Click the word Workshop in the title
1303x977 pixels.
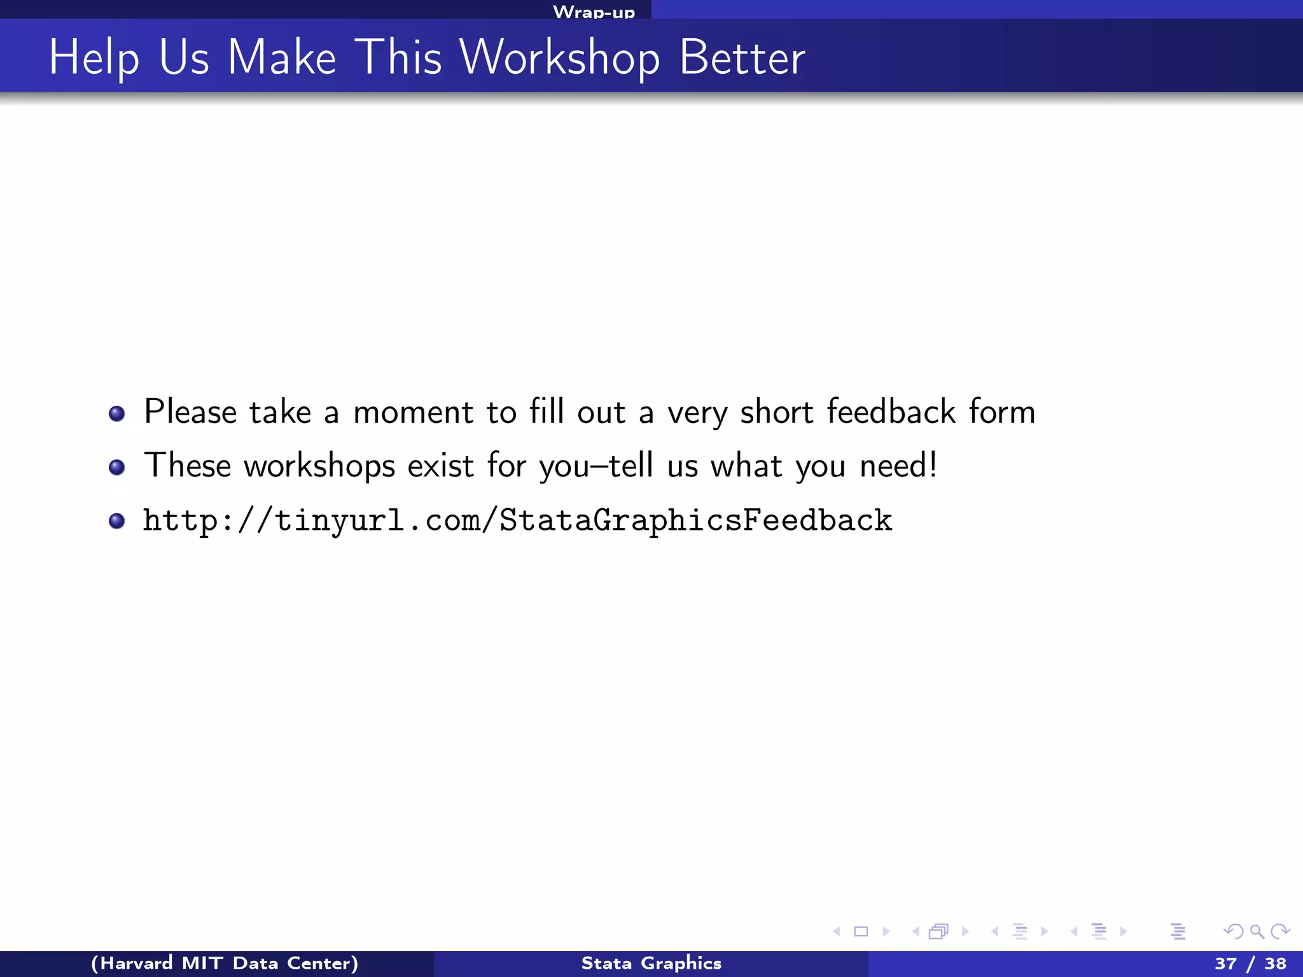(x=560, y=58)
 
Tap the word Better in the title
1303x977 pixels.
(x=742, y=58)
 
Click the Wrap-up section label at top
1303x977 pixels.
(x=594, y=12)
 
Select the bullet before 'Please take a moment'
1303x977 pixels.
(x=116, y=414)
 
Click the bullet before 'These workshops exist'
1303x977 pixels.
(x=116, y=468)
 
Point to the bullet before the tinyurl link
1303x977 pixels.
(x=116, y=522)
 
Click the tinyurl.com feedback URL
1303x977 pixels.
(x=517, y=521)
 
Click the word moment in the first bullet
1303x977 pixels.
(x=413, y=413)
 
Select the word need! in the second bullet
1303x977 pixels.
(x=898, y=466)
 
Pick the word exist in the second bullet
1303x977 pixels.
(x=440, y=466)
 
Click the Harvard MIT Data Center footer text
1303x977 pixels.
(x=225, y=963)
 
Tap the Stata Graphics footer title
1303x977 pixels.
(x=651, y=963)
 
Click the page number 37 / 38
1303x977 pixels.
(x=1250, y=963)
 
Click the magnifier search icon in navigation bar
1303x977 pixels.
(x=1257, y=932)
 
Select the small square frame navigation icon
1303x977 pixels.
(x=861, y=932)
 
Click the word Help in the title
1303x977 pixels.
(x=94, y=58)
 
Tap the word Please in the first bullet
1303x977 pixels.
(x=190, y=413)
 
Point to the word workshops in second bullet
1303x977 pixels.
(x=319, y=467)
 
